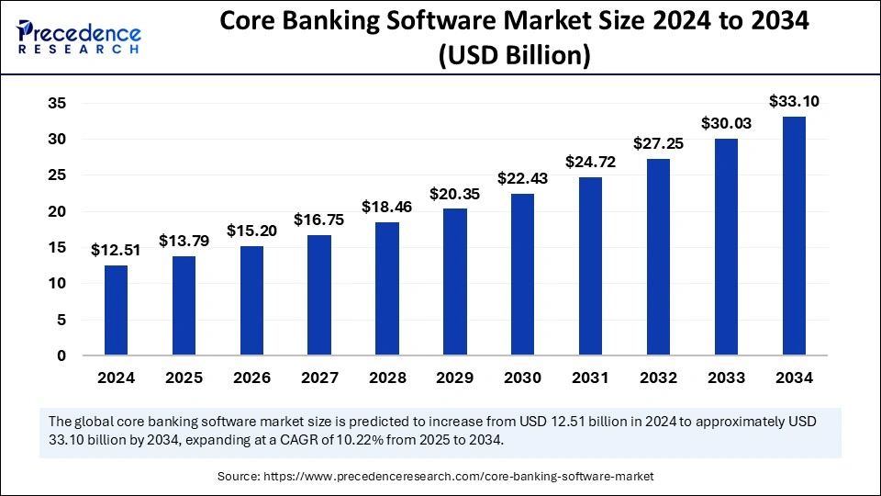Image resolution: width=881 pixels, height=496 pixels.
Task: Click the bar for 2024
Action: (116, 310)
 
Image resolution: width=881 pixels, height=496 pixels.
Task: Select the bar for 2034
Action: (794, 236)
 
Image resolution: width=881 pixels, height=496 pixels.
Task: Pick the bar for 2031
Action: (590, 266)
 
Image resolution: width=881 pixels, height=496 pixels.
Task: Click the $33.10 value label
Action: (794, 101)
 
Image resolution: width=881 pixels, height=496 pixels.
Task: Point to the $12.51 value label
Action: (116, 250)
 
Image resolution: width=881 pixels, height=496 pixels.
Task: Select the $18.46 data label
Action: (386, 207)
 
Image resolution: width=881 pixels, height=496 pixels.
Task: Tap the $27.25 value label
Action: (658, 144)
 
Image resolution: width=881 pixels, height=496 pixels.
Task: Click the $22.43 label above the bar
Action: (522, 178)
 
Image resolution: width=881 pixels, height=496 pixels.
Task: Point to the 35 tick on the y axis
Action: (56, 104)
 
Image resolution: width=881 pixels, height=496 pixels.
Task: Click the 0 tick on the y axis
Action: (61, 355)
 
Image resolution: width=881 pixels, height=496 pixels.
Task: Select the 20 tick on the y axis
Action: (56, 211)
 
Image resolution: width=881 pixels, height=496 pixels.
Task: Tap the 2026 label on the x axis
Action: (251, 378)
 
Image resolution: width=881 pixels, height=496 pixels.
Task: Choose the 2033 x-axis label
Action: (726, 378)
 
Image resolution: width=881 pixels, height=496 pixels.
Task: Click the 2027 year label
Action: (319, 378)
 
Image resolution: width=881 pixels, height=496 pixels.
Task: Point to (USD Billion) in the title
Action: (513, 56)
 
